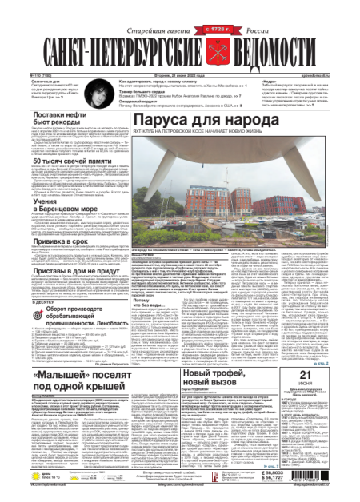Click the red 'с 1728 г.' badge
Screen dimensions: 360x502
click(x=203, y=30)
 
